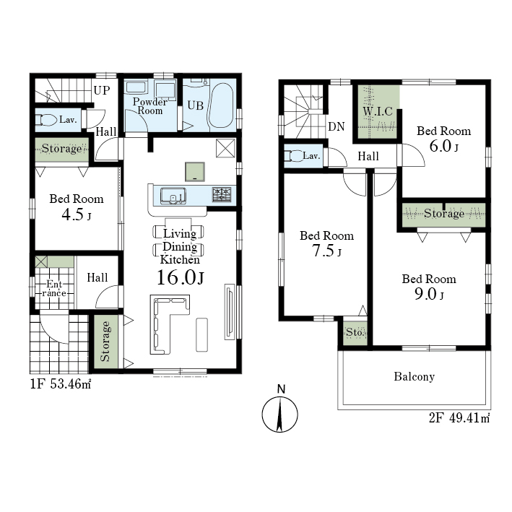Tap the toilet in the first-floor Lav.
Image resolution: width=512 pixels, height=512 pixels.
45,119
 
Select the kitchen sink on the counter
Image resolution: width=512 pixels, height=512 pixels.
173,196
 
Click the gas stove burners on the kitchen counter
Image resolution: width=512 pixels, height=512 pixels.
222,194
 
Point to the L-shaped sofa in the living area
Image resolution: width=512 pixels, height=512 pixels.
163,324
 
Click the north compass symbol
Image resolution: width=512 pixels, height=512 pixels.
280,414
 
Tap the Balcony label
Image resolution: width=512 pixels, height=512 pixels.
414,376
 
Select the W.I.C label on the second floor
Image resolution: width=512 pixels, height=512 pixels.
378,111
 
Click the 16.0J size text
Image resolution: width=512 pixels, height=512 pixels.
181,277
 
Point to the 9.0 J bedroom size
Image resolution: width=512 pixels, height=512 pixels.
429,294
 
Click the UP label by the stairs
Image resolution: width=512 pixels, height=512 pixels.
102,90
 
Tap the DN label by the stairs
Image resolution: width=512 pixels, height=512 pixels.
336,126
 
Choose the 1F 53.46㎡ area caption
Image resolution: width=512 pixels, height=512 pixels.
61,383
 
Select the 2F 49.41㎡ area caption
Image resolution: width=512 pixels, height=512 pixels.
459,417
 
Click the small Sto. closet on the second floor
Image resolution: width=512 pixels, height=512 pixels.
355,332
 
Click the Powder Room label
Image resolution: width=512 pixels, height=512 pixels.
150,106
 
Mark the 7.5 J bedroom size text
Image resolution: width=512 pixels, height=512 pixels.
326,251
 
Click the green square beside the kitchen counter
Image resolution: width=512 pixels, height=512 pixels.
195,172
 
